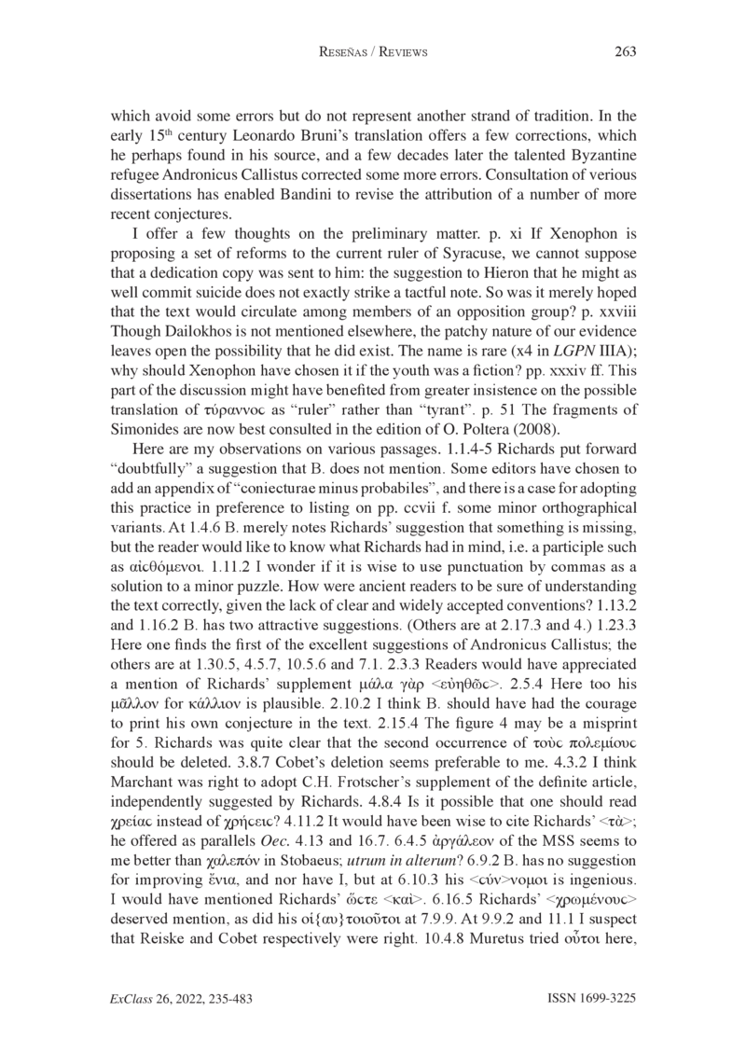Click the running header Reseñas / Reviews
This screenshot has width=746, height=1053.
[373, 53]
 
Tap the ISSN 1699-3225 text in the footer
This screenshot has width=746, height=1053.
[588, 998]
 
